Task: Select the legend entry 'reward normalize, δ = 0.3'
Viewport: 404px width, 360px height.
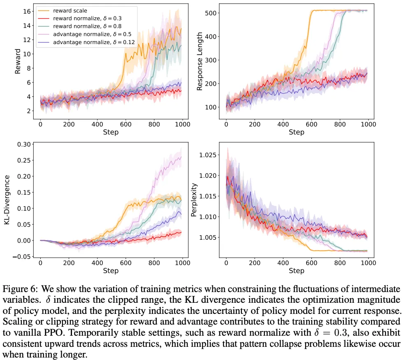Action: coord(84,19)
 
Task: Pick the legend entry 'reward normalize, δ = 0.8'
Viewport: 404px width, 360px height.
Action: coord(84,27)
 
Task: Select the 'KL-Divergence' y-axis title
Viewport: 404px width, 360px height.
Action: coord(7,200)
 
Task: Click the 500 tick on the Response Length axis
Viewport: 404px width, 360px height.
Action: coord(213,13)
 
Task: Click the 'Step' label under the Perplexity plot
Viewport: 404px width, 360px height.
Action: coord(297,271)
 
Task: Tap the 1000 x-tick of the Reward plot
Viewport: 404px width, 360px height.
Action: coord(182,124)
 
